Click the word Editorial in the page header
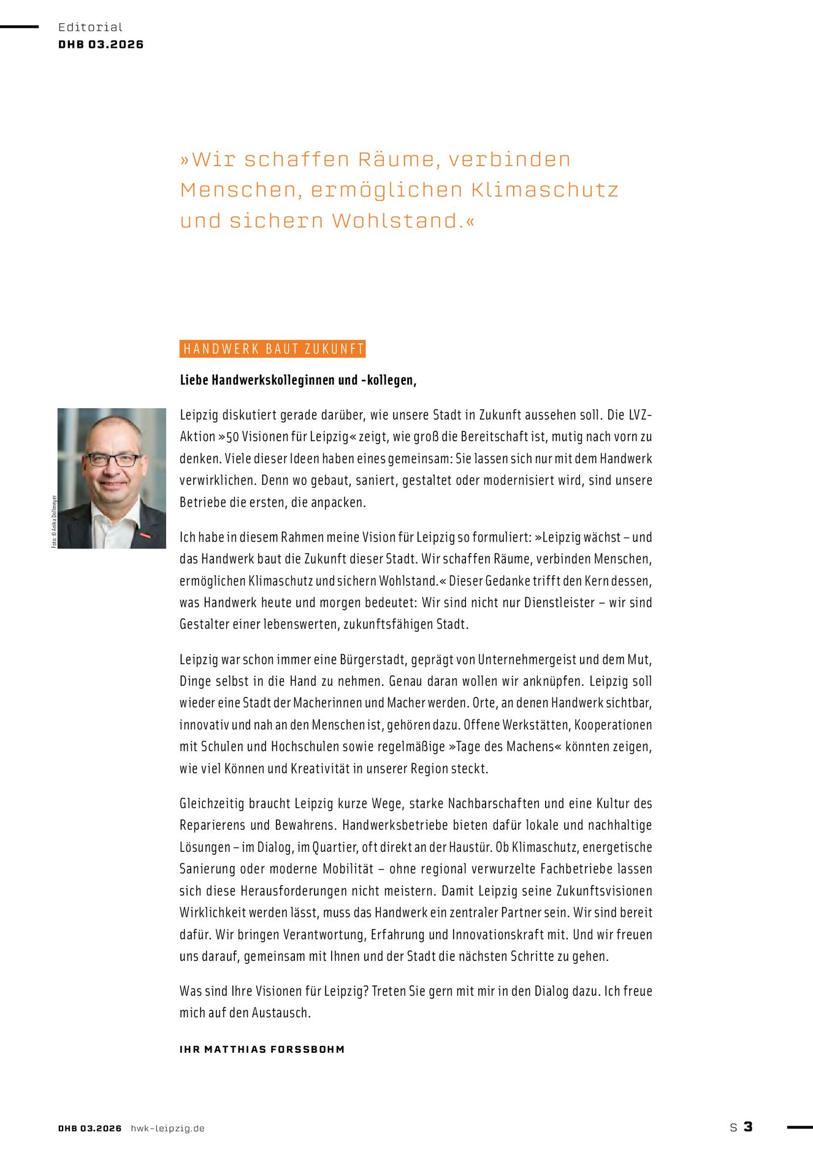click(90, 27)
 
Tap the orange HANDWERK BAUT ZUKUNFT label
click(272, 349)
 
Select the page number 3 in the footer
click(748, 1126)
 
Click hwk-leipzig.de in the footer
click(167, 1128)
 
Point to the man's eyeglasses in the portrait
click(113, 459)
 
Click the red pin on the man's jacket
click(145, 535)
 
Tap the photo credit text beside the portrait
click(54, 521)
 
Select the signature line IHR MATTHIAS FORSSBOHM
click(262, 1049)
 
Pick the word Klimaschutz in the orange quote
click(544, 190)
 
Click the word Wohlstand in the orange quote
click(397, 221)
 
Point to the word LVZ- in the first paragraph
click(640, 415)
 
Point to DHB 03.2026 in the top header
click(101, 45)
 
